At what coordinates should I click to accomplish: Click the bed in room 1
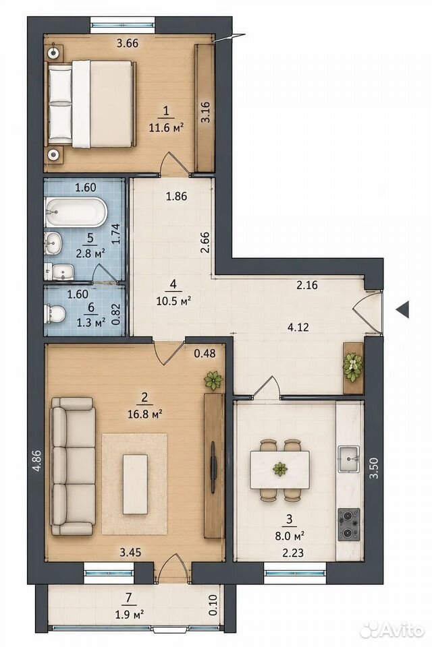[x=92, y=104]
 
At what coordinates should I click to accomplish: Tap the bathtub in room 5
[x=76, y=212]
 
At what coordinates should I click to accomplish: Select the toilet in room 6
[x=55, y=313]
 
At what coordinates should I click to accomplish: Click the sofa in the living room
[x=73, y=466]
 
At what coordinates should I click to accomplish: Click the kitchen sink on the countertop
[x=349, y=458]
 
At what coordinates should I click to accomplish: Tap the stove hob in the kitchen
[x=349, y=524]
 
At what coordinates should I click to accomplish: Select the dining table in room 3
[x=280, y=470]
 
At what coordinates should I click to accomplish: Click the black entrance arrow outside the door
[x=402, y=309]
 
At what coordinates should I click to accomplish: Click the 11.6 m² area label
[x=166, y=127]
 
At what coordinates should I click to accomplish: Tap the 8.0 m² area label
[x=290, y=536]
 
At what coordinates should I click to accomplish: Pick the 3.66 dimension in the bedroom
[x=128, y=43]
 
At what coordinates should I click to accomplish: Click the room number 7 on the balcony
[x=129, y=596]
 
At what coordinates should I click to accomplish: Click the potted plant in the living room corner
[x=214, y=381]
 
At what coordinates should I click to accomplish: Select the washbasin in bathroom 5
[x=53, y=243]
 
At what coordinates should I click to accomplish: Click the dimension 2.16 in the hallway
[x=307, y=284]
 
